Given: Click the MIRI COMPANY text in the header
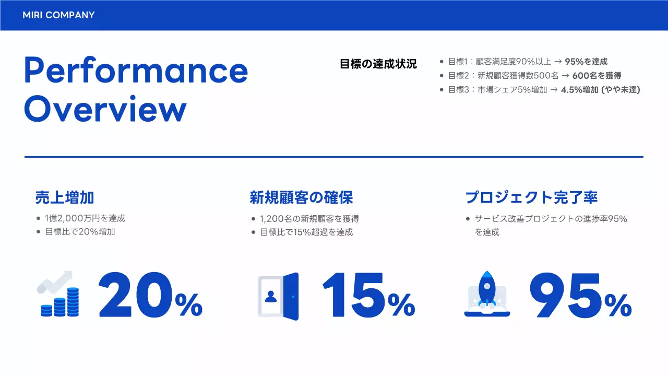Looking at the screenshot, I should (58, 15).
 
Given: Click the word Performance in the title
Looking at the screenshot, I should (136, 70).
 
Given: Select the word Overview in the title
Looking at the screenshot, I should (105, 109).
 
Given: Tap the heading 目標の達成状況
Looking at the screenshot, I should (378, 64).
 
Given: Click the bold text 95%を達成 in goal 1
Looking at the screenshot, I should (586, 62).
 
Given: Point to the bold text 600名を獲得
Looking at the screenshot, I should (597, 76).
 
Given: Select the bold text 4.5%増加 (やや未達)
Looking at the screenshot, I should (600, 90).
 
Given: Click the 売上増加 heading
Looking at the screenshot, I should (65, 197).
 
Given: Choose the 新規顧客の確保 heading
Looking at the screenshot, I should (301, 197).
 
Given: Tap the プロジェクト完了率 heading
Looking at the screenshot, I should (531, 197).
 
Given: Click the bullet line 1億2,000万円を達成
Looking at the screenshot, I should (85, 218).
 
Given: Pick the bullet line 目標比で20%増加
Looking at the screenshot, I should (80, 231).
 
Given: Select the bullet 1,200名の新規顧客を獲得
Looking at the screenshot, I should (309, 219).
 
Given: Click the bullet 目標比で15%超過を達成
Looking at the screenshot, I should (306, 232).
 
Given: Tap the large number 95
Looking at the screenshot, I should (567, 296).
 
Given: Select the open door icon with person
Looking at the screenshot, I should (278, 296).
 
